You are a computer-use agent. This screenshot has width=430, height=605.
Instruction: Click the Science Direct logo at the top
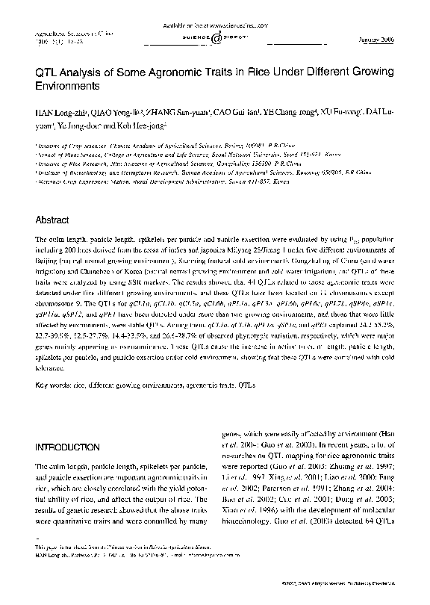(x=214, y=37)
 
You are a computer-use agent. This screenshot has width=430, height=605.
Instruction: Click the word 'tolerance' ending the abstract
(x=52, y=367)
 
